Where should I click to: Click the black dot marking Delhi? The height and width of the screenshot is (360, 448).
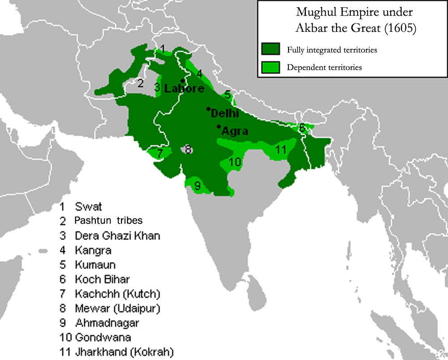click(x=208, y=108)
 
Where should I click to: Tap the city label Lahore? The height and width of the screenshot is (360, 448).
click(x=184, y=89)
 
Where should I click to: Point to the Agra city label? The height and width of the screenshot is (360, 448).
click(x=235, y=131)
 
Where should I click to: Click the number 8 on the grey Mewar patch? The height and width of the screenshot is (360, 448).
click(x=188, y=149)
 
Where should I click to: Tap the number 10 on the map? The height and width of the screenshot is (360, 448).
click(x=235, y=162)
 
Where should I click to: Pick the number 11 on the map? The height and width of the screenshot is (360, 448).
click(x=281, y=150)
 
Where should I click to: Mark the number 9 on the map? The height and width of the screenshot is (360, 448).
click(x=197, y=184)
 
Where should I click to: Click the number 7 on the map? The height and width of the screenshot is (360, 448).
click(x=160, y=152)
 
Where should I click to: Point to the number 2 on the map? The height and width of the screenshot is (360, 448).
click(x=140, y=83)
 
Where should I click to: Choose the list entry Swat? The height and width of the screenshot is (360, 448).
click(x=88, y=207)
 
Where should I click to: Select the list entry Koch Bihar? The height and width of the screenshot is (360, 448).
click(x=102, y=279)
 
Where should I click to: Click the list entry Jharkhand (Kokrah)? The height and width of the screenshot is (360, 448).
click(x=124, y=351)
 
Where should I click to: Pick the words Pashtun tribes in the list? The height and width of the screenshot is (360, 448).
click(x=108, y=221)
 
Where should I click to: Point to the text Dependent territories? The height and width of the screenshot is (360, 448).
click(x=324, y=68)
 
